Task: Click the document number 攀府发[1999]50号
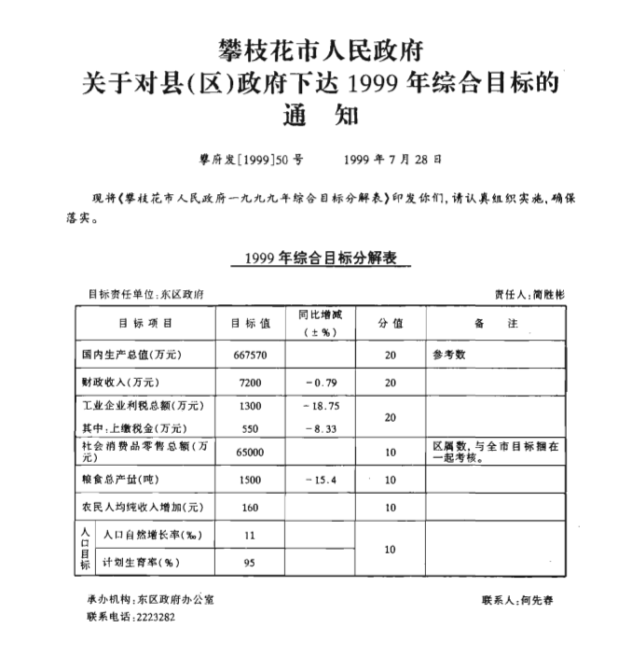coord(245,160)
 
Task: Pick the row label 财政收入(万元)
coord(121,383)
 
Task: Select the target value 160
coord(250,509)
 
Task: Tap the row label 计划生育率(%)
coord(141,563)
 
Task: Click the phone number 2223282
coord(155,617)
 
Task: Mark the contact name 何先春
coord(537,600)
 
